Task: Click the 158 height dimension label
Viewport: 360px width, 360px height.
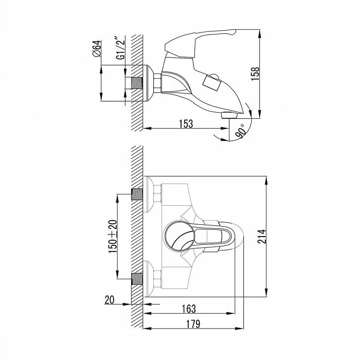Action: (255, 74)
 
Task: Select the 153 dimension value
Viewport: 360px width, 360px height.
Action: (186, 124)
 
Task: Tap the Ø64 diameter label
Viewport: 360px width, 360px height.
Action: (97, 48)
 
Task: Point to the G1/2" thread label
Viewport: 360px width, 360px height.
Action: (120, 48)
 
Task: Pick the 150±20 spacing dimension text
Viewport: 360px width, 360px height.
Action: (113, 237)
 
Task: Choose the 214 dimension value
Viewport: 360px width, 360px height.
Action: (261, 237)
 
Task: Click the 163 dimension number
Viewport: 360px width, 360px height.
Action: (189, 309)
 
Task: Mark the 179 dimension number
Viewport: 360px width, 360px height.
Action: (193, 324)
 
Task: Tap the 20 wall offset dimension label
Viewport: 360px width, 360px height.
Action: (109, 300)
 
